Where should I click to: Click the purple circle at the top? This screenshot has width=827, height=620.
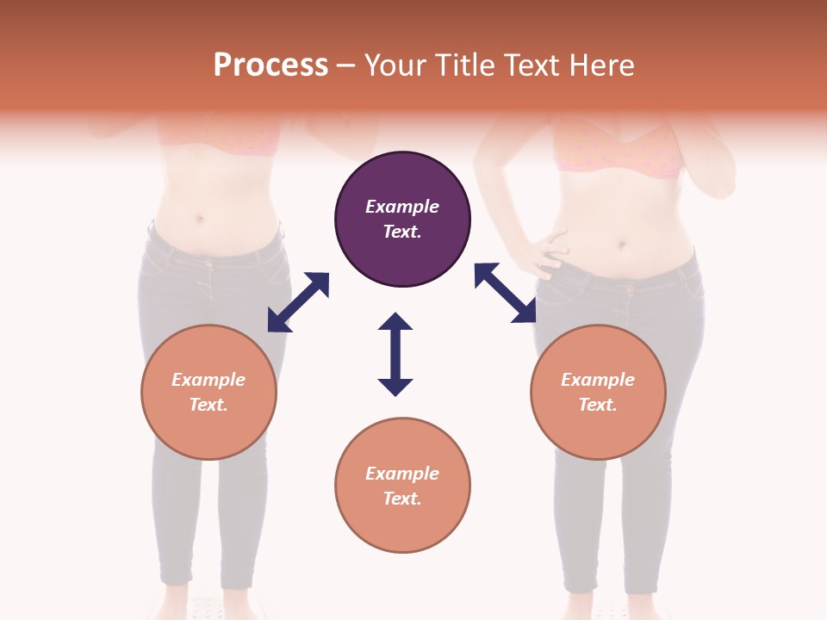click(x=402, y=220)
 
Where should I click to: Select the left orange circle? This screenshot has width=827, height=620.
click(x=208, y=392)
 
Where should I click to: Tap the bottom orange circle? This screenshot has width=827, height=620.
click(x=402, y=485)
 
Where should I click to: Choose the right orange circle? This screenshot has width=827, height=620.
click(x=598, y=392)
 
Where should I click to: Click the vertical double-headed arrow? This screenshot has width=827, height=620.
click(x=395, y=354)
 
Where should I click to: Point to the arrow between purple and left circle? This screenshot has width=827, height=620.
click(x=298, y=302)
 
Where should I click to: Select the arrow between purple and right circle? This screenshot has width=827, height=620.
click(x=505, y=293)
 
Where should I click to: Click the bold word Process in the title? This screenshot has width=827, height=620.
click(x=270, y=65)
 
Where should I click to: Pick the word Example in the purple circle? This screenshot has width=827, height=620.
click(x=402, y=207)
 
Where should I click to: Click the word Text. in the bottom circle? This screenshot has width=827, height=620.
click(x=402, y=499)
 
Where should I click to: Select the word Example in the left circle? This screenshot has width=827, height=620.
click(x=208, y=380)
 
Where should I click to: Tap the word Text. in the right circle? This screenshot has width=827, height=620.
click(x=598, y=405)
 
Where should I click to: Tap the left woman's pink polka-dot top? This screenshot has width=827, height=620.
click(x=221, y=138)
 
